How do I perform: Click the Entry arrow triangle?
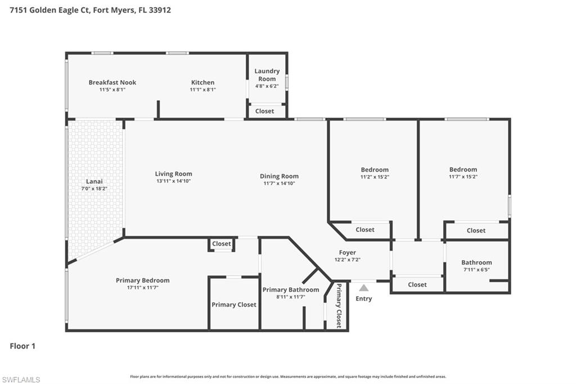[364, 288]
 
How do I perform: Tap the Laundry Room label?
[267, 75]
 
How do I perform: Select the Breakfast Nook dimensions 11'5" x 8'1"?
[112, 90]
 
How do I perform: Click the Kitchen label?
[202, 82]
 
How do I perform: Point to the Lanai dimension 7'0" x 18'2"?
[94, 188]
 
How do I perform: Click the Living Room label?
[173, 173]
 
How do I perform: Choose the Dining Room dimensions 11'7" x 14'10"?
[279, 183]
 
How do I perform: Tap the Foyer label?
[348, 252]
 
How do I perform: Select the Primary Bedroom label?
[143, 280]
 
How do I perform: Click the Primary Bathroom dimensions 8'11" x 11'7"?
[291, 297]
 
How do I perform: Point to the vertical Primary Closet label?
[339, 305]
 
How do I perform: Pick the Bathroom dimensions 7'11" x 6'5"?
[476, 270]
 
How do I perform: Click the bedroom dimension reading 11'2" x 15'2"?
[375, 177]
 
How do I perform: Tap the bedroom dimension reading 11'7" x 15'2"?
[463, 177]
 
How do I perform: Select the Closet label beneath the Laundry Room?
[264, 111]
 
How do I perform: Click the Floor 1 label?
[22, 346]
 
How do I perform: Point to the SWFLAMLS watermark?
[21, 379]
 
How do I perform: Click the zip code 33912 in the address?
[160, 10]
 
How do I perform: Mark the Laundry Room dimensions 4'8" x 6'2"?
[267, 86]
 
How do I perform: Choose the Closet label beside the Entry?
[417, 284]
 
